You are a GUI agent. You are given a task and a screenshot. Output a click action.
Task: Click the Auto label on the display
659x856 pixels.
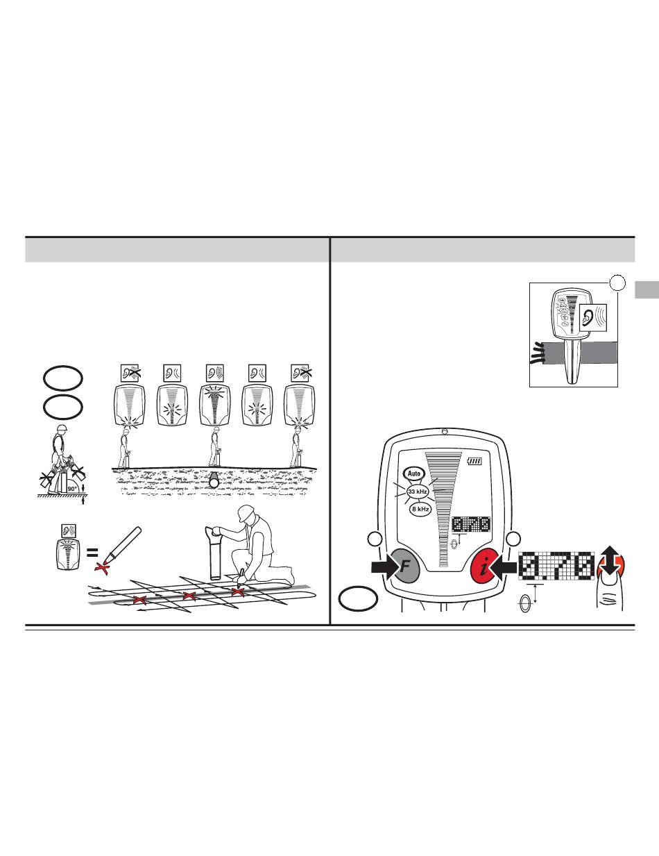click(414, 473)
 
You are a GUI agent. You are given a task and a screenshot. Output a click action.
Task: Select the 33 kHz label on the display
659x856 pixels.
click(418, 492)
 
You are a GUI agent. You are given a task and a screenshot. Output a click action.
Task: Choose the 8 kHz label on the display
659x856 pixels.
click(420, 509)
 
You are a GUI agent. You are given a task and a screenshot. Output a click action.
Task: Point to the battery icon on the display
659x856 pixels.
click(474, 460)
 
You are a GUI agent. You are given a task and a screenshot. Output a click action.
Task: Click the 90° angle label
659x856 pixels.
click(72, 489)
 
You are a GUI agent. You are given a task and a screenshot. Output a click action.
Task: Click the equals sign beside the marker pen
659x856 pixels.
click(92, 553)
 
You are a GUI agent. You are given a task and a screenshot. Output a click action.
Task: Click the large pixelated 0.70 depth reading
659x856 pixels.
click(556, 566)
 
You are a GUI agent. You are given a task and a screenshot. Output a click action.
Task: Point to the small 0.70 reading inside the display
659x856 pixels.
click(471, 524)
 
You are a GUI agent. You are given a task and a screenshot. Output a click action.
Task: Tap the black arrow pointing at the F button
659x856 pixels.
click(386, 567)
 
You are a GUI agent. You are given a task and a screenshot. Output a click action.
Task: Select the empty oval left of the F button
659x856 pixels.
click(358, 598)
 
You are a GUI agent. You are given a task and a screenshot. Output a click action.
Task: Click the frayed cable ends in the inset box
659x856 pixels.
click(538, 353)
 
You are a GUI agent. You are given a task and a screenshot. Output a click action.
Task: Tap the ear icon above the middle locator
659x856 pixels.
click(215, 373)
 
